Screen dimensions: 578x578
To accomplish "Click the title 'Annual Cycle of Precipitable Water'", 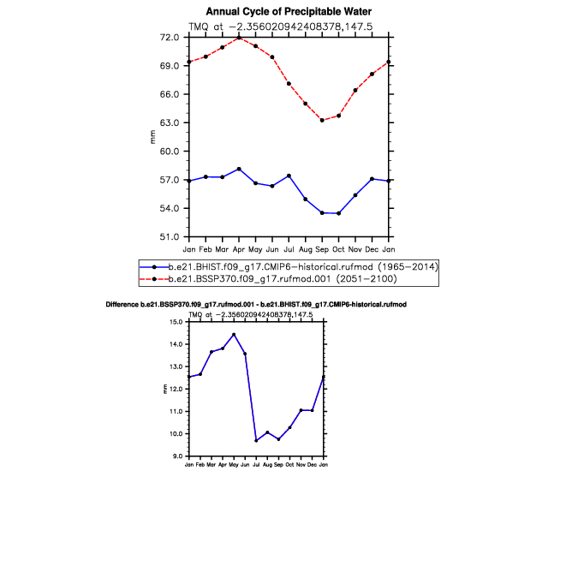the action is [x=289, y=12].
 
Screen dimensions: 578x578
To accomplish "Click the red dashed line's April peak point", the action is [x=239, y=38].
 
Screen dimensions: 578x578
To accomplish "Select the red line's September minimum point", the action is [x=322, y=120].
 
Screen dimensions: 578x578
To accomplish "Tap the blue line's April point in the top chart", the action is [x=239, y=169].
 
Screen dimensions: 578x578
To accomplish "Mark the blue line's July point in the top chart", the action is [x=289, y=176].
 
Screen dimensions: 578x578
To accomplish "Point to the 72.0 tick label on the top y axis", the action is [x=170, y=37].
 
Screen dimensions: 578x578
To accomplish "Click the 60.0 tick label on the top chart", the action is [x=170, y=151].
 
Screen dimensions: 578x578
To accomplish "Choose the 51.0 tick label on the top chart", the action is [x=170, y=236].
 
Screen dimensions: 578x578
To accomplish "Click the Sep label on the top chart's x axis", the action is [x=322, y=250].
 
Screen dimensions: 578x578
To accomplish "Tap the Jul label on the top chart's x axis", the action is [x=289, y=249].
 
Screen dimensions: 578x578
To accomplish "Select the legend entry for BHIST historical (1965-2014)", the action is [x=289, y=266].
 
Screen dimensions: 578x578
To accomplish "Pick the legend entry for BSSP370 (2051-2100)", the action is [x=268, y=278].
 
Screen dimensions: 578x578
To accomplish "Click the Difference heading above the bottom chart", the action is [x=256, y=305].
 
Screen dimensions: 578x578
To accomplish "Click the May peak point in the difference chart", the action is [x=234, y=335].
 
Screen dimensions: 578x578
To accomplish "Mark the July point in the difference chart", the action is [x=256, y=441].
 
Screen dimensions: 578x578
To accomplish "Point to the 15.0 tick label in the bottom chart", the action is [x=176, y=322].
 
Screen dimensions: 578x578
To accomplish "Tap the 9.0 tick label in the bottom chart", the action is [x=177, y=456].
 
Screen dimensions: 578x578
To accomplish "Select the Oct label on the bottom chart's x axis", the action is [x=289, y=465].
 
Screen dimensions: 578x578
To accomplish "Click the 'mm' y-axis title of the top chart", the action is [x=152, y=137].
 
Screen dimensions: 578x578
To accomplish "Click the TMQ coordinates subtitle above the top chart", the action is [x=281, y=27].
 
